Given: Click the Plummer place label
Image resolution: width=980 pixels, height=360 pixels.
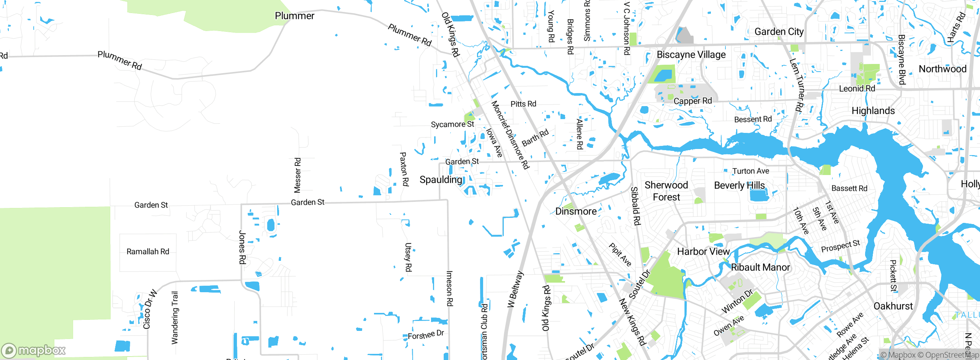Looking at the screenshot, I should tap(294, 16).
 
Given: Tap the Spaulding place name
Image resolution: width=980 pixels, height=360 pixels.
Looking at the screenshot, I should tap(441, 180).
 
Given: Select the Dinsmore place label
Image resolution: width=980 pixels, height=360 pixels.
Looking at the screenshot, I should tap(576, 211).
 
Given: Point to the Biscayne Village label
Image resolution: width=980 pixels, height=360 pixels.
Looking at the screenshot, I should tap(691, 55).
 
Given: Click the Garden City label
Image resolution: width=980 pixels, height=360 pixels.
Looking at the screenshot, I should tap(779, 32).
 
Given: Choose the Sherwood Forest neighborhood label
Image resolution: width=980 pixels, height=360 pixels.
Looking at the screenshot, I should tap(666, 191).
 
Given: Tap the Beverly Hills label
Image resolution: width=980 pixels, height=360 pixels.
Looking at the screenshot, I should tap(739, 185).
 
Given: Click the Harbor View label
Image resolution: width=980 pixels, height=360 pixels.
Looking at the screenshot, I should tap(703, 252).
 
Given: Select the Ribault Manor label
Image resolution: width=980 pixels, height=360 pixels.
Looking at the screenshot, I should tap(760, 267).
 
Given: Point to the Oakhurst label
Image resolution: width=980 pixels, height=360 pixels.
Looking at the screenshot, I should tap(893, 306).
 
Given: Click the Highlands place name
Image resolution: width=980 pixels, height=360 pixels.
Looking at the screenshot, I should tap(873, 111).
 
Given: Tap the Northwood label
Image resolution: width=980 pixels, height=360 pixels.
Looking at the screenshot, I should tap(942, 69).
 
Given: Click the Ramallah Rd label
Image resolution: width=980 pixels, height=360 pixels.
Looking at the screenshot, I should tap(148, 252).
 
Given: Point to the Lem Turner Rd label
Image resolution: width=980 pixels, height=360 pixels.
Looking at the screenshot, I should tap(796, 85).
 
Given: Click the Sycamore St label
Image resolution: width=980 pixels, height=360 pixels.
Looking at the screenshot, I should tap(452, 124).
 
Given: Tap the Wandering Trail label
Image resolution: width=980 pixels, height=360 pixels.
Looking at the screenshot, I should tap(175, 317).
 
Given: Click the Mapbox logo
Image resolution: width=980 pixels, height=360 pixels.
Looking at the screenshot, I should tap(34, 350).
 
